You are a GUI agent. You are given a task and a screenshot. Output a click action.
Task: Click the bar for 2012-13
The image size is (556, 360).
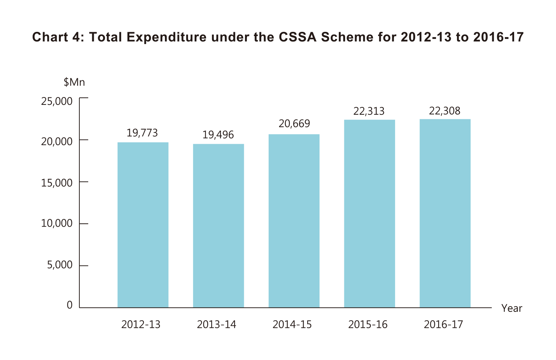tap(143, 225)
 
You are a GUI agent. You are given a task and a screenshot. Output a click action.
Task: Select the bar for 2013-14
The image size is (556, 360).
tap(218, 226)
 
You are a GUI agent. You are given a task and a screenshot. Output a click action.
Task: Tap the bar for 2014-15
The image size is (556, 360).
tap(294, 221)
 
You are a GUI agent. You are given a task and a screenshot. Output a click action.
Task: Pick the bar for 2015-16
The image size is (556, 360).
tap(370, 213)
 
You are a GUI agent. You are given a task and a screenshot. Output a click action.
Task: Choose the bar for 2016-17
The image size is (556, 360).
tap(445, 213)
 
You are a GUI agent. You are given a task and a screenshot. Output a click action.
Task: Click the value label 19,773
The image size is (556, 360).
tap(142, 133)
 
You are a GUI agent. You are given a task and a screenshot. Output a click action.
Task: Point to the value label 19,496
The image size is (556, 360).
tap(218, 135)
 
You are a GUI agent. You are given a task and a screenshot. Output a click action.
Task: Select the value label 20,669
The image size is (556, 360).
tap(294, 124)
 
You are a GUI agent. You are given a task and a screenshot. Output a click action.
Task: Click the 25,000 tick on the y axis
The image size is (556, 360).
tap(57, 101)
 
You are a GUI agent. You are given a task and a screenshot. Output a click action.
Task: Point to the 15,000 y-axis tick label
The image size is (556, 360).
tap(57, 183)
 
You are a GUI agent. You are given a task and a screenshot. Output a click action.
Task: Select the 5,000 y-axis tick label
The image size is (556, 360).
tap(60, 265)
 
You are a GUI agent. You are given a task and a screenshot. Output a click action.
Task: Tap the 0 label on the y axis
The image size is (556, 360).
tap(70, 305)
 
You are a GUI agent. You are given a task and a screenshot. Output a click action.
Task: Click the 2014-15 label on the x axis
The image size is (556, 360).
tap(292, 325)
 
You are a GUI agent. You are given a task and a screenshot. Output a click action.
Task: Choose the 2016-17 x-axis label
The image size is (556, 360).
tap(443, 325)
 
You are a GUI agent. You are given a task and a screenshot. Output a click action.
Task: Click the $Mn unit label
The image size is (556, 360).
tap(74, 82)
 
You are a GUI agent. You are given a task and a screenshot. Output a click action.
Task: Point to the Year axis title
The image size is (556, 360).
tap(512, 309)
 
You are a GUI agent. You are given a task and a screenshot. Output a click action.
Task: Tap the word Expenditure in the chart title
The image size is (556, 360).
tap(166, 37)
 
